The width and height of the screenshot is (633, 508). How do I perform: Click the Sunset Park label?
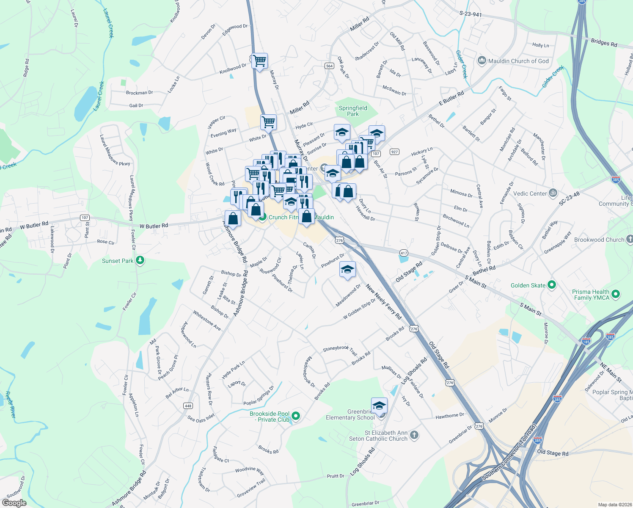coord(118,261)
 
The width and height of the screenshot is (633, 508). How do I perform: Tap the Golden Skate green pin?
coord(551,285)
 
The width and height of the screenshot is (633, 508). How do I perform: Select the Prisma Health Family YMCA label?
coord(591,295)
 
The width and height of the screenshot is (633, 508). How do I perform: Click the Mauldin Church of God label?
coord(518,61)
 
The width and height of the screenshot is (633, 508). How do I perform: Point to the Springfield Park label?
coord(353,111)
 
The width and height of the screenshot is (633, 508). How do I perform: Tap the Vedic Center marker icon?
coord(553,193)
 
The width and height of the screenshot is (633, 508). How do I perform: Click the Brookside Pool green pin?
coord(296,416)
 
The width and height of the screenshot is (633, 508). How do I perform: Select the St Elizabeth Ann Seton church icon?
coord(414,435)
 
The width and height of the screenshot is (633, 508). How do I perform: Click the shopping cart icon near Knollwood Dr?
coord(259,61)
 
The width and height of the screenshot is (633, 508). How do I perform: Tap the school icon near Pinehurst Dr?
coord(347,269)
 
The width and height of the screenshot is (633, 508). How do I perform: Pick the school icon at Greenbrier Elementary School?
coord(379,406)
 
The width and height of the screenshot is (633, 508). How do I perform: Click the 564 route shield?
coord(330,66)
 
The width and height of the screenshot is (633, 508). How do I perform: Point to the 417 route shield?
coord(404,253)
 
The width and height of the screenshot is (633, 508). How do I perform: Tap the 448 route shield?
coord(188,406)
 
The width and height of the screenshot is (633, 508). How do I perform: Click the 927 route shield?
coord(394,152)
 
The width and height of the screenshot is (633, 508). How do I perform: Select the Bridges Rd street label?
coord(604,43)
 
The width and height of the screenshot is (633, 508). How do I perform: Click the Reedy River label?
coord(10,405)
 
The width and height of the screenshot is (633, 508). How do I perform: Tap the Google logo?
coord(14,503)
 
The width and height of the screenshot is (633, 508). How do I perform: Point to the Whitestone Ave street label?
coord(207,320)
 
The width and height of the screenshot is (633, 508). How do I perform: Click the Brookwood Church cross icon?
coord(630,239)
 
